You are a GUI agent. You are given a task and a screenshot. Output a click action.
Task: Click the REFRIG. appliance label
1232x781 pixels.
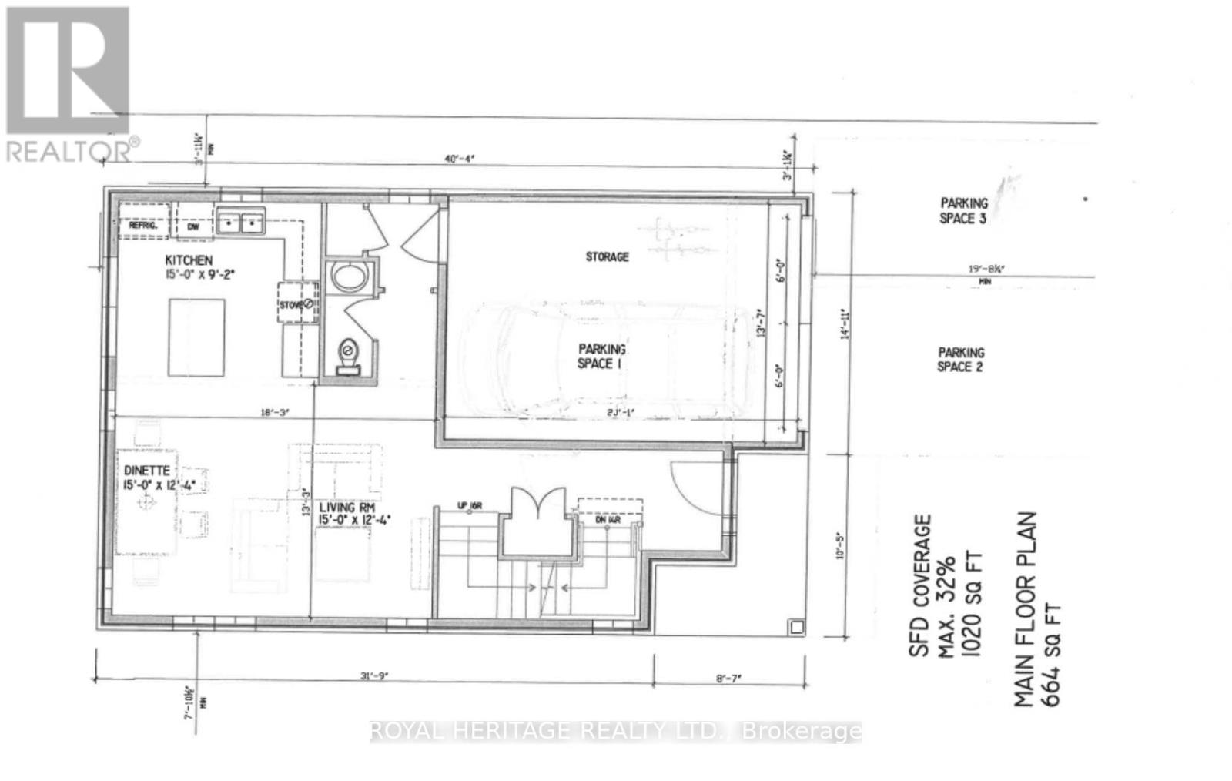[142, 226]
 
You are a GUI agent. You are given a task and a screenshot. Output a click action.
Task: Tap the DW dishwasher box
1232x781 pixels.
[192, 226]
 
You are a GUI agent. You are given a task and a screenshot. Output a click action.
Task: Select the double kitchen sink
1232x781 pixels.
[239, 223]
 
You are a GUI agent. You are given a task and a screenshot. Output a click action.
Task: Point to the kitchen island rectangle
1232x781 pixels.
[196, 337]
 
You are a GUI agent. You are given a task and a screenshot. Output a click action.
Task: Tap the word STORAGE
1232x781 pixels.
[607, 256]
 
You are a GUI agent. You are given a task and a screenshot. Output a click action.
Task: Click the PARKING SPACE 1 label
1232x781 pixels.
[601, 356]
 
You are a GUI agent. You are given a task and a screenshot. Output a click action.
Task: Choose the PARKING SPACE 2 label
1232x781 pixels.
[960, 360]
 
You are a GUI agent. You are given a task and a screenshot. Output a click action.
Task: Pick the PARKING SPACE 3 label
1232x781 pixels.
[963, 210]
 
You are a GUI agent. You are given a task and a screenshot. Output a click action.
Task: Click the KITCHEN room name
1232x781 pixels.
[189, 260]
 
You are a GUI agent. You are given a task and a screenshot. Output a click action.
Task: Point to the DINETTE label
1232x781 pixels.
[147, 470]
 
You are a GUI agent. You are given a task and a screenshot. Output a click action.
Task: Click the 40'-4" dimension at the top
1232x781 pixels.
[460, 159]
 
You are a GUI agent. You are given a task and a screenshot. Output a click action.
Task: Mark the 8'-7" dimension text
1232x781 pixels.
[728, 678]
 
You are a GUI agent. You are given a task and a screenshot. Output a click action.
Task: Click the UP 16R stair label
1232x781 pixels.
[468, 506]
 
